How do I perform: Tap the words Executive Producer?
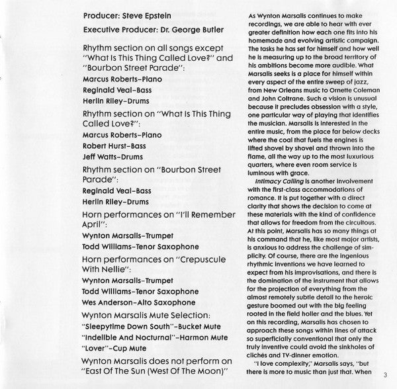click(x=120, y=30)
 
